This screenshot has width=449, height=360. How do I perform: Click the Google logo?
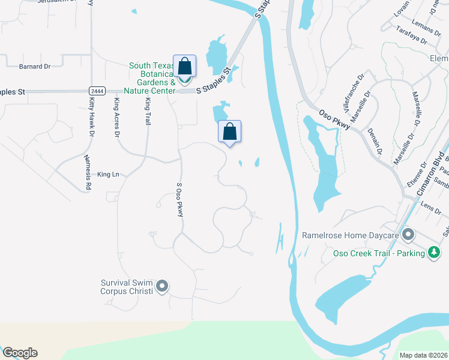pyautogui.click(x=19, y=353)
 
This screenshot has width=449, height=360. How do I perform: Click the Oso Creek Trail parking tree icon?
pyautogui.click(x=433, y=253)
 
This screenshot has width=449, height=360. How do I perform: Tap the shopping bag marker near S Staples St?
pyautogui.click(x=185, y=67)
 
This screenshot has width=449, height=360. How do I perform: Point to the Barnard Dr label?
pyautogui.click(x=34, y=67)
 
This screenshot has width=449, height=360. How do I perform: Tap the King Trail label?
pyautogui.click(x=148, y=110)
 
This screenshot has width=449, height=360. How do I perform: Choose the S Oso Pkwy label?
pyautogui.click(x=178, y=200)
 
